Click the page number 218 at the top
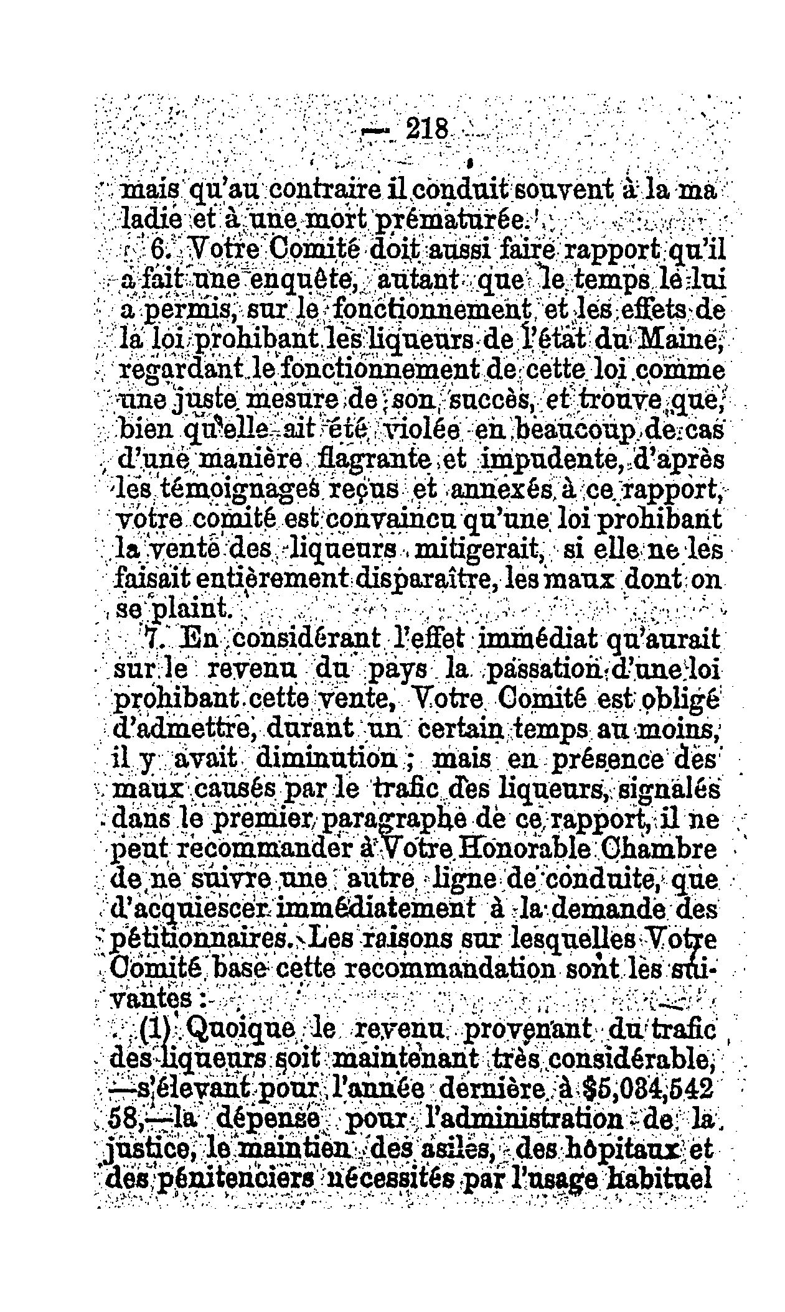click(x=426, y=130)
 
